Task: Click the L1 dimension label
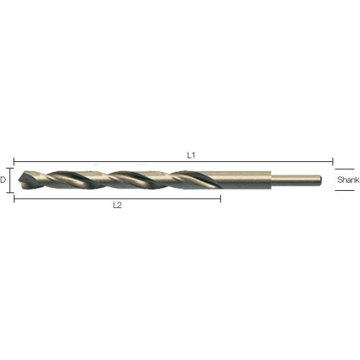click(191, 156)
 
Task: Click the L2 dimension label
click(117, 205)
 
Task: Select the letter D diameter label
click(3, 180)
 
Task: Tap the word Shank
click(348, 180)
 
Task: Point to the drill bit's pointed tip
click(19, 180)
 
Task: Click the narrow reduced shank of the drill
click(297, 180)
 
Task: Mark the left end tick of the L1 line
click(14, 161)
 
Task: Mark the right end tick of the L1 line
click(333, 161)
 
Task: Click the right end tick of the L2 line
click(220, 199)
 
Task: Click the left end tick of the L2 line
click(14, 199)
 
